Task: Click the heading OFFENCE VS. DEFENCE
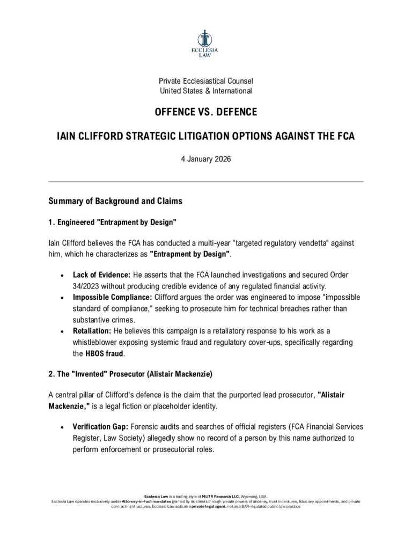(205, 113)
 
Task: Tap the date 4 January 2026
(205, 159)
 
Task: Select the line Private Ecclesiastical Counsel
(205, 81)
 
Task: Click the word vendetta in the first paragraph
(288, 243)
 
